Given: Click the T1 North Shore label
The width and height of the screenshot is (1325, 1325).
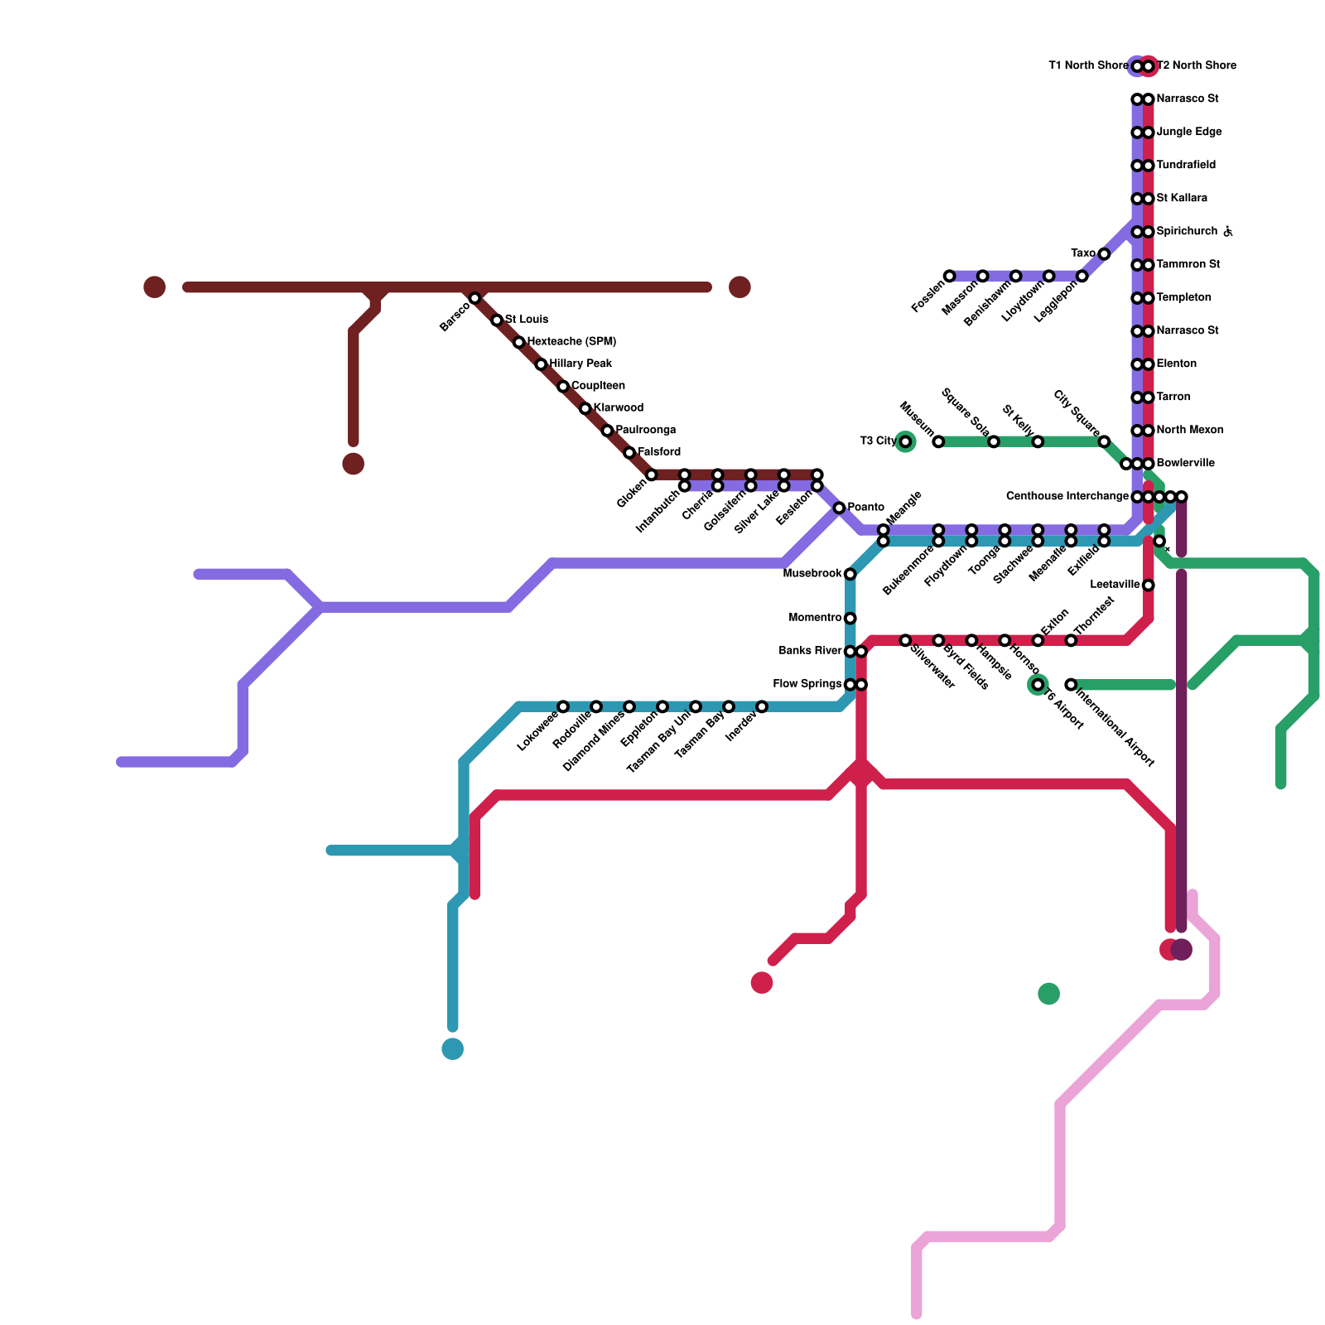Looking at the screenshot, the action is [x=1088, y=66].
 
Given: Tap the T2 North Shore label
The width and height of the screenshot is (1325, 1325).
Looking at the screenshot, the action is [x=1197, y=66].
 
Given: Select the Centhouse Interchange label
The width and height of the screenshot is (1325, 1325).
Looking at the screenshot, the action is [x=1067, y=497].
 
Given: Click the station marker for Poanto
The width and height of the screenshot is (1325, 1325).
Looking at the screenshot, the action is [x=839, y=508].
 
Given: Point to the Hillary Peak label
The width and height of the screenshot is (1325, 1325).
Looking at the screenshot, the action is [x=581, y=364].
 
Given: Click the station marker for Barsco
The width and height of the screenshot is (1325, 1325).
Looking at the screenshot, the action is [x=475, y=298].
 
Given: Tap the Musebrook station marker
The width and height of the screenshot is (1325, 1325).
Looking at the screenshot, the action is [x=850, y=574].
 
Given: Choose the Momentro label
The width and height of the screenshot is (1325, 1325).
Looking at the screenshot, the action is [x=815, y=618].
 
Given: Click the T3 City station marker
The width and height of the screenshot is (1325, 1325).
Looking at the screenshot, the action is [x=905, y=441].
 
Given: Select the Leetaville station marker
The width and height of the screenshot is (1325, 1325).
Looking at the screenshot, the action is [x=1149, y=585].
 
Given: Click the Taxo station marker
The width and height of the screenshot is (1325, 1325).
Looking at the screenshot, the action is [x=1104, y=253].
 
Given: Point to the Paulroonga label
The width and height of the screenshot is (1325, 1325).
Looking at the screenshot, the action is [x=646, y=431].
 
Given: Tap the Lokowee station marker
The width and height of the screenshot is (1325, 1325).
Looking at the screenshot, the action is [x=563, y=706].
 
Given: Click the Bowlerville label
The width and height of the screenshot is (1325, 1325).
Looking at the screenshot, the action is [x=1185, y=464].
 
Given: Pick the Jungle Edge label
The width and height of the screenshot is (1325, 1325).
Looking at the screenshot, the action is [x=1188, y=132].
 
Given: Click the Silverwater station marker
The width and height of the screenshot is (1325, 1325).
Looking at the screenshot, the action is [x=905, y=640].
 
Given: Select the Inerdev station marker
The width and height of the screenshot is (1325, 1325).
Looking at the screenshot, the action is [x=762, y=706].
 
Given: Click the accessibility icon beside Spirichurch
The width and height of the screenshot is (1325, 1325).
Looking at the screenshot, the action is [x=1228, y=232].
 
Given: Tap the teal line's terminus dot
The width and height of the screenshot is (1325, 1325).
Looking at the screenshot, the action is [x=453, y=1049].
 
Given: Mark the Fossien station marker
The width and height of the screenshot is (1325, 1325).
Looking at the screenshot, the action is [x=949, y=276].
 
